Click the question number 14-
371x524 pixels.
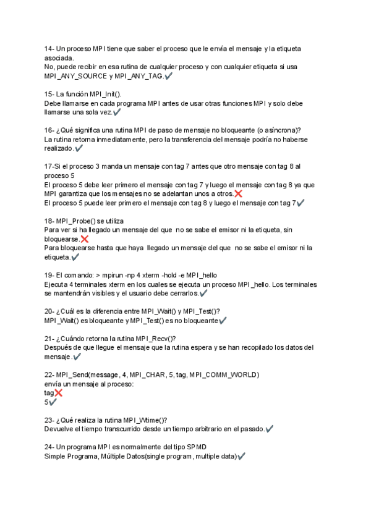coord(49,48)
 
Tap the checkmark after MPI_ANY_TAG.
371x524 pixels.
coord(169,75)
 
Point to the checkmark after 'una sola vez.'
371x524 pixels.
coord(117,112)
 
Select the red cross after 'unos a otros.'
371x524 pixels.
coord(238,193)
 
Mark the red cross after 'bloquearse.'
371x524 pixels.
coord(84,239)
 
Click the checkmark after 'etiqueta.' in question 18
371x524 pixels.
coord(75,257)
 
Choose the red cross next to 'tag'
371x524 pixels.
coord(58,392)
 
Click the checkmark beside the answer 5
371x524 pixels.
coord(53,402)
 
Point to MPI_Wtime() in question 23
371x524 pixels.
coord(147,420)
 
